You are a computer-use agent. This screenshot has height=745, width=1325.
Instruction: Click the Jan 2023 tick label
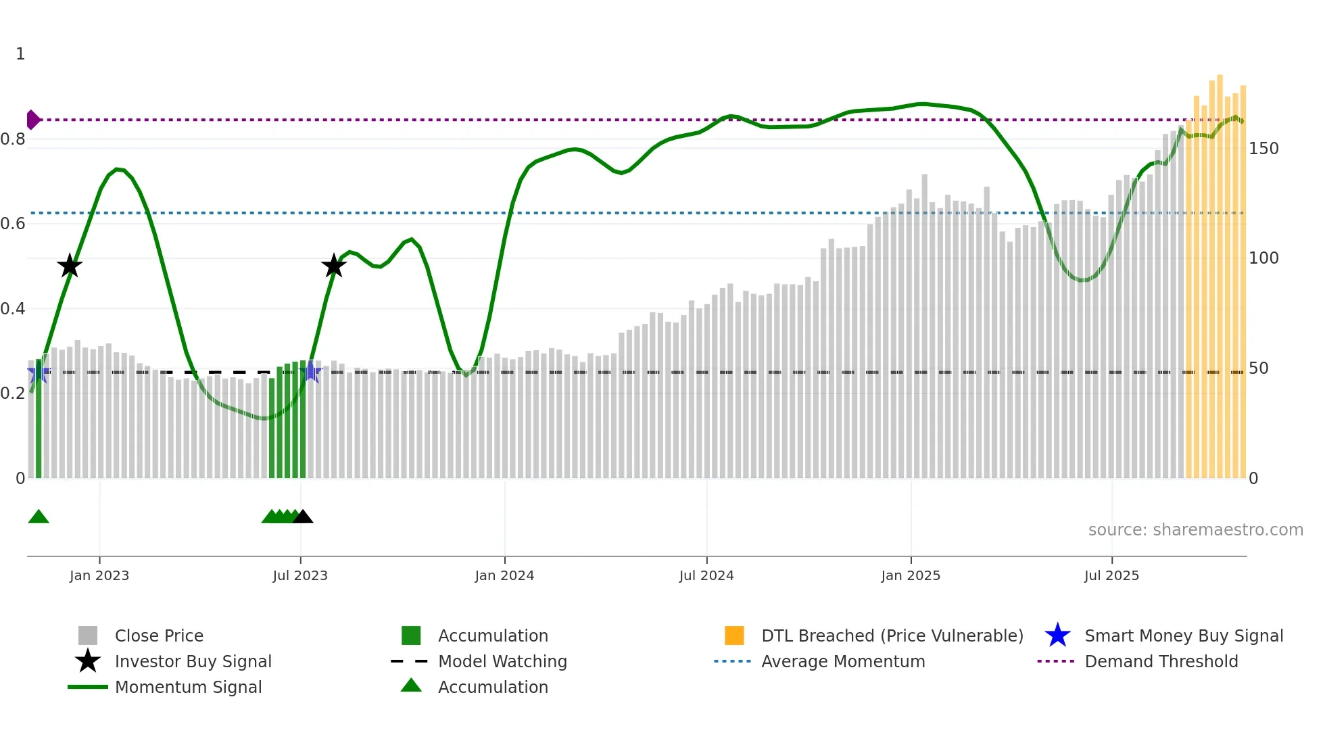(x=99, y=576)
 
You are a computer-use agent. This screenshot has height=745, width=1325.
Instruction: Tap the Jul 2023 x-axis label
(x=300, y=576)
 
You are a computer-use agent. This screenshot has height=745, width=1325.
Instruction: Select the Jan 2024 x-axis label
(x=504, y=576)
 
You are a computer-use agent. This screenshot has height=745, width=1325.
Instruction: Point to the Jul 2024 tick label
(x=706, y=576)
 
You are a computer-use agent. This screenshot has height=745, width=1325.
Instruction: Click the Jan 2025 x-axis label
(x=911, y=576)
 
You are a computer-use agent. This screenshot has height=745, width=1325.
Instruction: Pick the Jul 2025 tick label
(x=1111, y=576)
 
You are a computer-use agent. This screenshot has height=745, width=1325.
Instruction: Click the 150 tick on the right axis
(x=1263, y=149)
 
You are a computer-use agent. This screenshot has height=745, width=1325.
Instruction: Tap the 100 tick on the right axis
(x=1263, y=258)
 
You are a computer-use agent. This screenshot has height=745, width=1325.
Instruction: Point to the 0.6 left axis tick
(x=13, y=224)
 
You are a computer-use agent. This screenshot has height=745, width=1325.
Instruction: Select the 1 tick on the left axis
(x=20, y=54)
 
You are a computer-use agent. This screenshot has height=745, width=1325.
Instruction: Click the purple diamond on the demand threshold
(x=32, y=120)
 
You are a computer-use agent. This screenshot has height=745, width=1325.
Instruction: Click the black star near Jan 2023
(x=70, y=266)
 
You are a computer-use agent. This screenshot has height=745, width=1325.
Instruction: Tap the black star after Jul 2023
(x=334, y=266)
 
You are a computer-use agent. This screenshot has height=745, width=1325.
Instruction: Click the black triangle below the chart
(x=303, y=517)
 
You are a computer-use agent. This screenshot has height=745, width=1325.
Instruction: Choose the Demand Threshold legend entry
(x=1161, y=662)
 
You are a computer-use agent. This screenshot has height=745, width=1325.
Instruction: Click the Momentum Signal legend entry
(x=188, y=688)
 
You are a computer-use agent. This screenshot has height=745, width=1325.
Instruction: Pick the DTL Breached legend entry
(x=892, y=636)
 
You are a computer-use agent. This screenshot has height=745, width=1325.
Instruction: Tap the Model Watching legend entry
(x=502, y=662)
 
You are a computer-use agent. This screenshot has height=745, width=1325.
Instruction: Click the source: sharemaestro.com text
(x=1195, y=530)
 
